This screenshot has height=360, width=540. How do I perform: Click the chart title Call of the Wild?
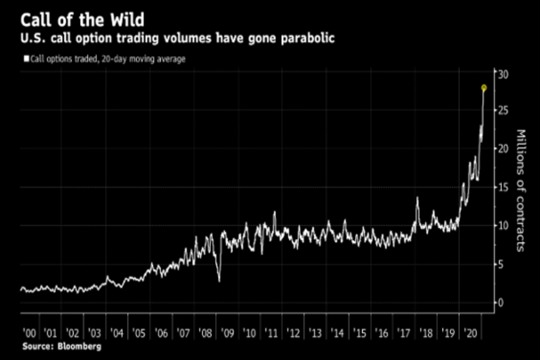click(x=83, y=21)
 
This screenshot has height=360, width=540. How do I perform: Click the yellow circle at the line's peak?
click(x=484, y=88)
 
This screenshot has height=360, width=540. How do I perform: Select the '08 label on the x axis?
click(x=206, y=333)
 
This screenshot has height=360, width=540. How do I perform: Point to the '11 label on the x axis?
click(x=272, y=333)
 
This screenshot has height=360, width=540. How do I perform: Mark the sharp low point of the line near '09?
click(x=219, y=282)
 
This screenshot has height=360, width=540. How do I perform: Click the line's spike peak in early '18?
click(x=417, y=198)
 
